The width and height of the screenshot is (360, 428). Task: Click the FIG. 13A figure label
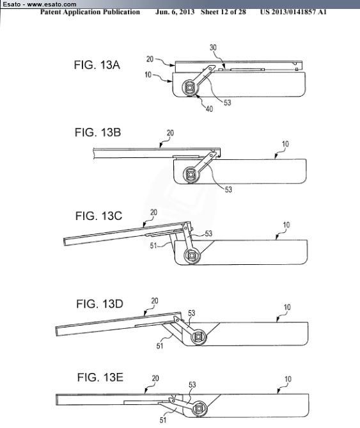tap(97, 65)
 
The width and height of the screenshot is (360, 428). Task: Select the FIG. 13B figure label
tap(98, 132)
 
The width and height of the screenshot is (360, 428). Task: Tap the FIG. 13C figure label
tap(98, 216)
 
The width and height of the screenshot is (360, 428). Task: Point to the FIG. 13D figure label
tap(100, 304)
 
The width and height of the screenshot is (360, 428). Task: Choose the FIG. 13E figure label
tap(100, 377)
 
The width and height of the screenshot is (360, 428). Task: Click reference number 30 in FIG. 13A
tap(213, 47)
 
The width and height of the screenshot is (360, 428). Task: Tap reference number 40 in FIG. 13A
tap(209, 109)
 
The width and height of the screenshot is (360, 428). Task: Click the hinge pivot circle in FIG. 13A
tap(190, 88)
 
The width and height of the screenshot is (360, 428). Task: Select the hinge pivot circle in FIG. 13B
tap(191, 174)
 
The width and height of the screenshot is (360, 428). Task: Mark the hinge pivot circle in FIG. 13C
tap(192, 255)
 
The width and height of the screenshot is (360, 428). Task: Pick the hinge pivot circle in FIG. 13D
tap(199, 337)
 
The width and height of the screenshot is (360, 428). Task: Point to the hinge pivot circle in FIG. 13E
tap(199, 409)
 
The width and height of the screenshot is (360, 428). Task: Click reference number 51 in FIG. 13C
tap(153, 246)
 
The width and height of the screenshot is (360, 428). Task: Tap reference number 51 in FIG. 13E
tap(163, 420)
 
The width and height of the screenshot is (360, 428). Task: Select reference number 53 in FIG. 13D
tap(191, 313)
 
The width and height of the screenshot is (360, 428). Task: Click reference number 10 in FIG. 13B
tap(285, 144)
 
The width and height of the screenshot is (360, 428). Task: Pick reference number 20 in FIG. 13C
tap(153, 212)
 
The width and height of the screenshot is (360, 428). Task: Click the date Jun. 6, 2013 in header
tap(175, 12)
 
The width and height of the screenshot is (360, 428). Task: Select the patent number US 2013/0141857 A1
tap(293, 12)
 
